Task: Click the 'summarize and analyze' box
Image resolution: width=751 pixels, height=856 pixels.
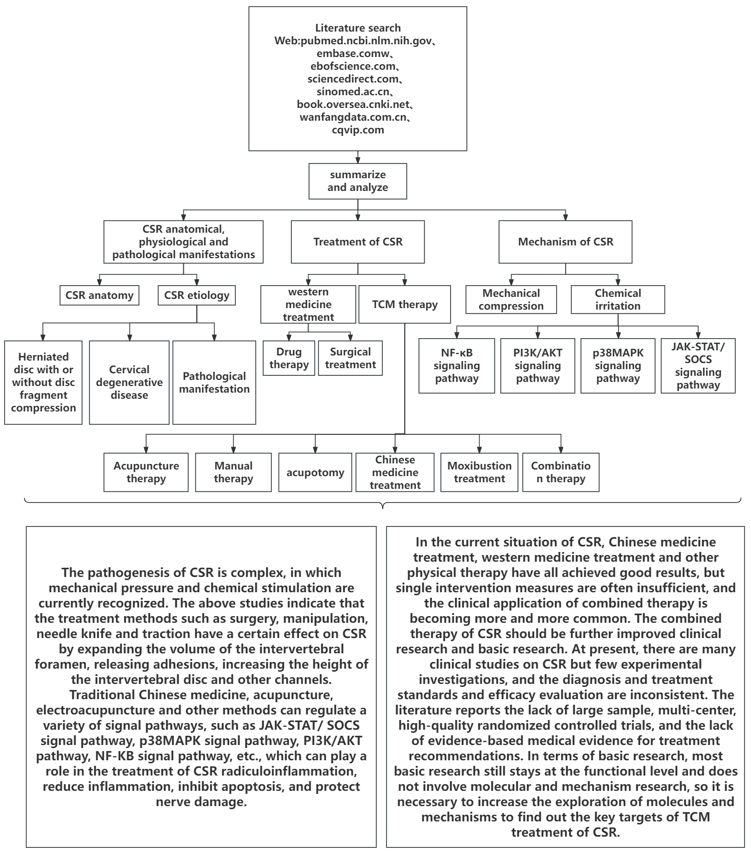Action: (357, 181)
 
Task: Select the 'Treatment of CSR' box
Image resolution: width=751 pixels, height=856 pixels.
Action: (357, 242)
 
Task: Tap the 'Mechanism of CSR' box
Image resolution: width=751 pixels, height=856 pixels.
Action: (565, 242)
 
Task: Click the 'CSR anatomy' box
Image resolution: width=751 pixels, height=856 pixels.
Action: (99, 295)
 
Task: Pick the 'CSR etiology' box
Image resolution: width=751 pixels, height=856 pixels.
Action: (197, 295)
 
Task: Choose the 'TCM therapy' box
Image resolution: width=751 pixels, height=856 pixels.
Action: (405, 305)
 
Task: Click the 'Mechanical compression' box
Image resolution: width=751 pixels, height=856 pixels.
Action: (511, 299)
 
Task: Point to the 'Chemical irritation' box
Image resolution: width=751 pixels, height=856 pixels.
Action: (618, 299)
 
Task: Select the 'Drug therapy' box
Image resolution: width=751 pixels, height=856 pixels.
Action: (289, 358)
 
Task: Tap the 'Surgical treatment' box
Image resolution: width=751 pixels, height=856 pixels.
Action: (350, 358)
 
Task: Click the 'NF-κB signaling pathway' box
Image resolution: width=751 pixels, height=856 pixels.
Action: (457, 366)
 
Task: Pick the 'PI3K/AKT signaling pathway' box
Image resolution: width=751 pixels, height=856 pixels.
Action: (538, 366)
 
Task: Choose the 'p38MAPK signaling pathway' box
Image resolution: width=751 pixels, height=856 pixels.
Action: (618, 366)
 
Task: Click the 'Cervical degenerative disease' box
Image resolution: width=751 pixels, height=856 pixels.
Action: (129, 382)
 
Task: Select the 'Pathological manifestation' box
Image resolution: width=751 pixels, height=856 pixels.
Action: (214, 382)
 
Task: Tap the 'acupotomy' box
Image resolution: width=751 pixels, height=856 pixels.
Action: (315, 473)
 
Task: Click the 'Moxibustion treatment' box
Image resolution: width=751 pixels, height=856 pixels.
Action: (479, 473)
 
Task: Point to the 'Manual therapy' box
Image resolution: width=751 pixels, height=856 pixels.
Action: (233, 473)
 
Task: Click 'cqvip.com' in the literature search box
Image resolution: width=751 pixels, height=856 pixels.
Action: (357, 130)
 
